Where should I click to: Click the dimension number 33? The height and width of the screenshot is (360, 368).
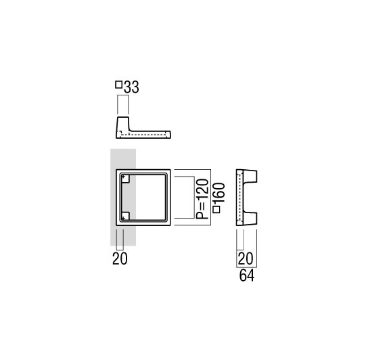(131, 87)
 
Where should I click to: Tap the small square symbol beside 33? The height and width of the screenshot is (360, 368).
(119, 85)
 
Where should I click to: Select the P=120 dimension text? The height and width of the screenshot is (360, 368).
(202, 199)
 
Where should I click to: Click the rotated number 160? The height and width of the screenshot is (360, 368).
(219, 193)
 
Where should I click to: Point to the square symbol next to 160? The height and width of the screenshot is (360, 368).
(216, 209)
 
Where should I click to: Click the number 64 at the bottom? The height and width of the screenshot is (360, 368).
(247, 275)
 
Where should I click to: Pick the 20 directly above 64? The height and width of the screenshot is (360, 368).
(246, 258)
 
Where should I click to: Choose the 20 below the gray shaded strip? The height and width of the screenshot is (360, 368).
(120, 258)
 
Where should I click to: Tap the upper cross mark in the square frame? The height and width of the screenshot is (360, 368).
(123, 177)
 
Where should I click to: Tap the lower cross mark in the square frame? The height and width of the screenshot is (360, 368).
(123, 218)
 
